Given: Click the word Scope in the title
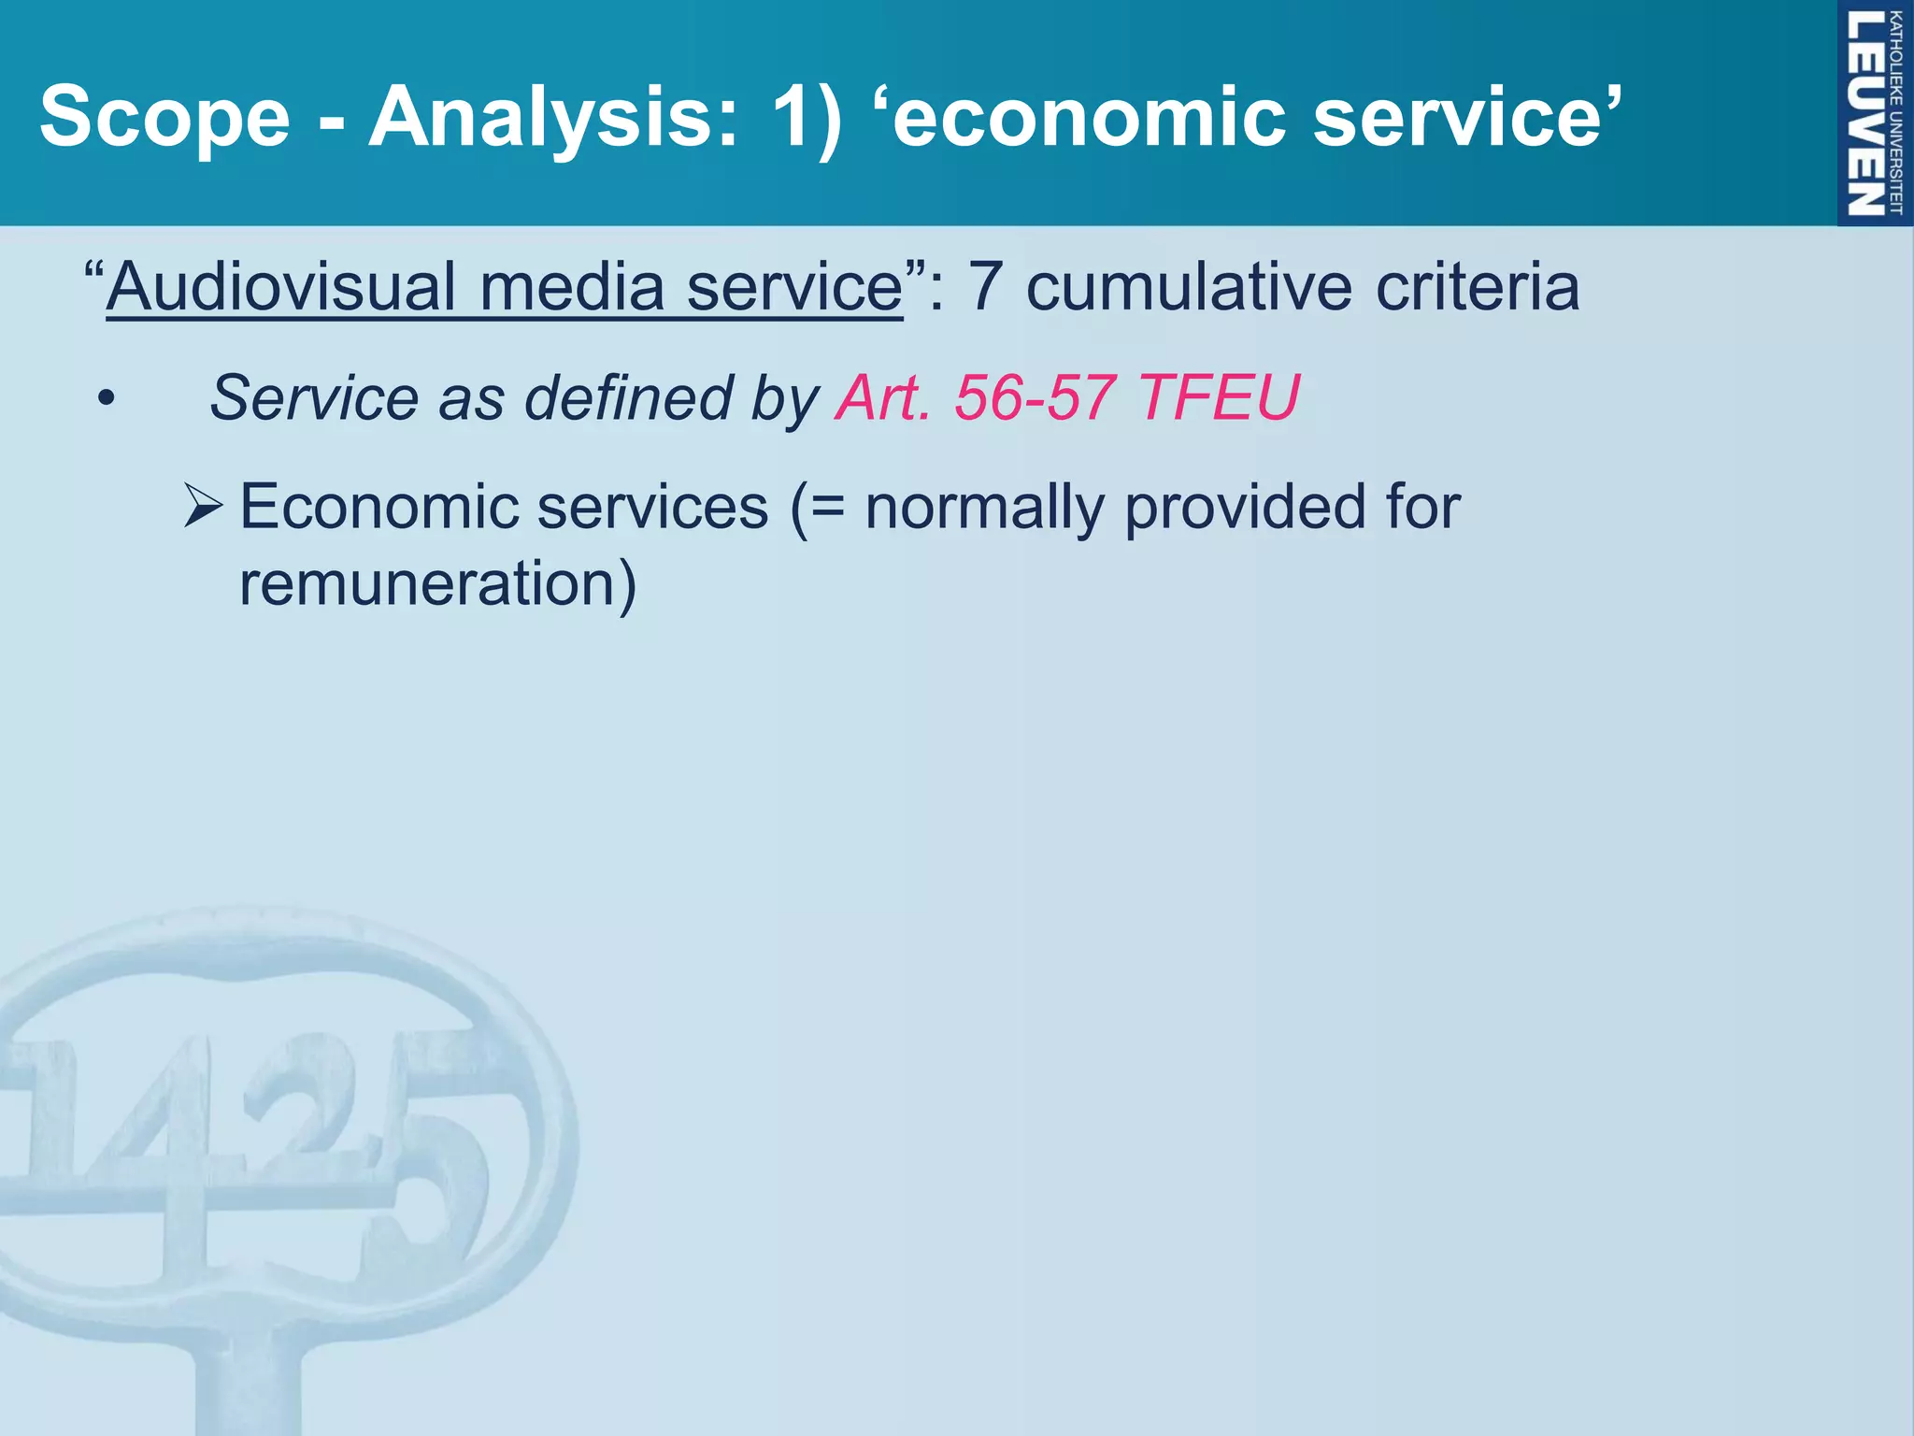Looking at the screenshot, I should click(x=164, y=117).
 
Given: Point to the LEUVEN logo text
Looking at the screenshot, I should click(x=1864, y=112).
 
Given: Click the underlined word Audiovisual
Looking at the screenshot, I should click(x=281, y=286).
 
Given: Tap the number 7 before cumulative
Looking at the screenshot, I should click(x=985, y=286).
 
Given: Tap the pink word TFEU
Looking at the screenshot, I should click(x=1219, y=398).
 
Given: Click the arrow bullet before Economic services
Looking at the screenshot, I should click(x=203, y=506).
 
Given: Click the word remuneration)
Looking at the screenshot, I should click(x=437, y=583).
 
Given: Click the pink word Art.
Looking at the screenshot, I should click(x=883, y=398).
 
